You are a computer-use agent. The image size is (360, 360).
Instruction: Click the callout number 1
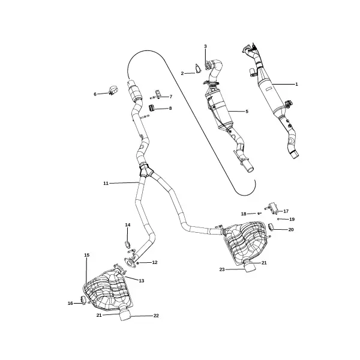click(296, 84)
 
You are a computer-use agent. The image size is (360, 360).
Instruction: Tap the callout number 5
click(247, 112)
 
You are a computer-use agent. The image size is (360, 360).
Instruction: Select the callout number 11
click(106, 183)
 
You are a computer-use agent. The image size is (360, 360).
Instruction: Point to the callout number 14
click(128, 224)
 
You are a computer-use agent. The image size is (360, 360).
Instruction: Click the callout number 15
click(86, 255)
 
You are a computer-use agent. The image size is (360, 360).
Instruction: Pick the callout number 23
click(222, 269)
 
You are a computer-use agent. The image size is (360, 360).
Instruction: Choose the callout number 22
click(156, 316)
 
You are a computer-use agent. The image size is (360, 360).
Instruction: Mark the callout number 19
click(292, 219)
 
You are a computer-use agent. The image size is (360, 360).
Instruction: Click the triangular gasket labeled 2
click(197, 69)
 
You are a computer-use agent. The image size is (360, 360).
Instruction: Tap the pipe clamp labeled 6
click(113, 90)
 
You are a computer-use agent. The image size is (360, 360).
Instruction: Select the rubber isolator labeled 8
click(152, 107)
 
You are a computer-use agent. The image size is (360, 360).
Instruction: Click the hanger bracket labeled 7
click(157, 95)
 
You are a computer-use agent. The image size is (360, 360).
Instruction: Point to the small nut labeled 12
click(138, 263)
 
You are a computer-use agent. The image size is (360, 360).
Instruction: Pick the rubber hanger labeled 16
click(83, 300)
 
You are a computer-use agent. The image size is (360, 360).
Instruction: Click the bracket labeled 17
click(273, 208)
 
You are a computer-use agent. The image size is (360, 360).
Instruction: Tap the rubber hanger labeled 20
click(271, 226)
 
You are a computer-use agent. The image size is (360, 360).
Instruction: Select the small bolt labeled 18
click(259, 213)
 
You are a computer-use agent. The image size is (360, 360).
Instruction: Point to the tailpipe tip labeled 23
click(250, 268)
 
